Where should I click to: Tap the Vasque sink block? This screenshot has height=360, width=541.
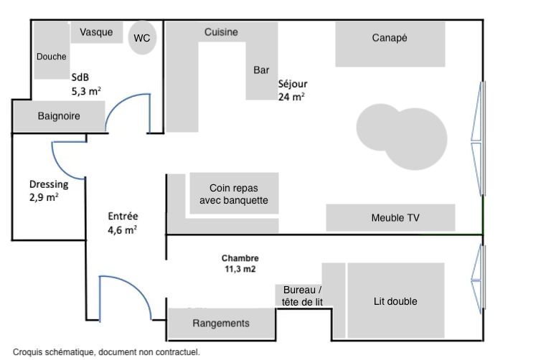97,32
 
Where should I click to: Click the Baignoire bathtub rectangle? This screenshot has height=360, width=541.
59,115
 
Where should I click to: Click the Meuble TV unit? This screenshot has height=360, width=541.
390,217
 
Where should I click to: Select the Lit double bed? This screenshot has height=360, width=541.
395,301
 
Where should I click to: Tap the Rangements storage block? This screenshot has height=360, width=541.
221,323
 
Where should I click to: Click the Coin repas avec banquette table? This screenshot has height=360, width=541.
233,194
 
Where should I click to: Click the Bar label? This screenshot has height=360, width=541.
261,70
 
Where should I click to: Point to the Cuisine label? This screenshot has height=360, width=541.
221,32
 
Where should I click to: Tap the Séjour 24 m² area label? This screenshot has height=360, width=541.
292,90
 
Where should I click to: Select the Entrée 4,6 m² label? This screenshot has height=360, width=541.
123,222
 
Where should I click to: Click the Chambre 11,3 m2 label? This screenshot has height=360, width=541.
240,263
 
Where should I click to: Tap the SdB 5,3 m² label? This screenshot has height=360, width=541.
85,84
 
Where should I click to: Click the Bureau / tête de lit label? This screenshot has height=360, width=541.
298,295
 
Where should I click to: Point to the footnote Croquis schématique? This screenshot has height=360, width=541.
106,352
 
